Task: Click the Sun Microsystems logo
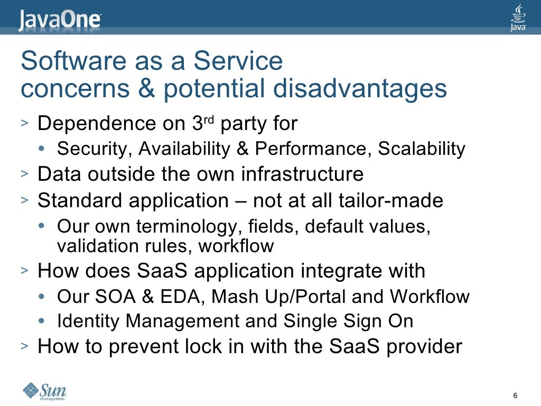(44, 392)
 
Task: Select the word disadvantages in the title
(360, 89)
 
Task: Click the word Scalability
(421, 149)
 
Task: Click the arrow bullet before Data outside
(25, 174)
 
